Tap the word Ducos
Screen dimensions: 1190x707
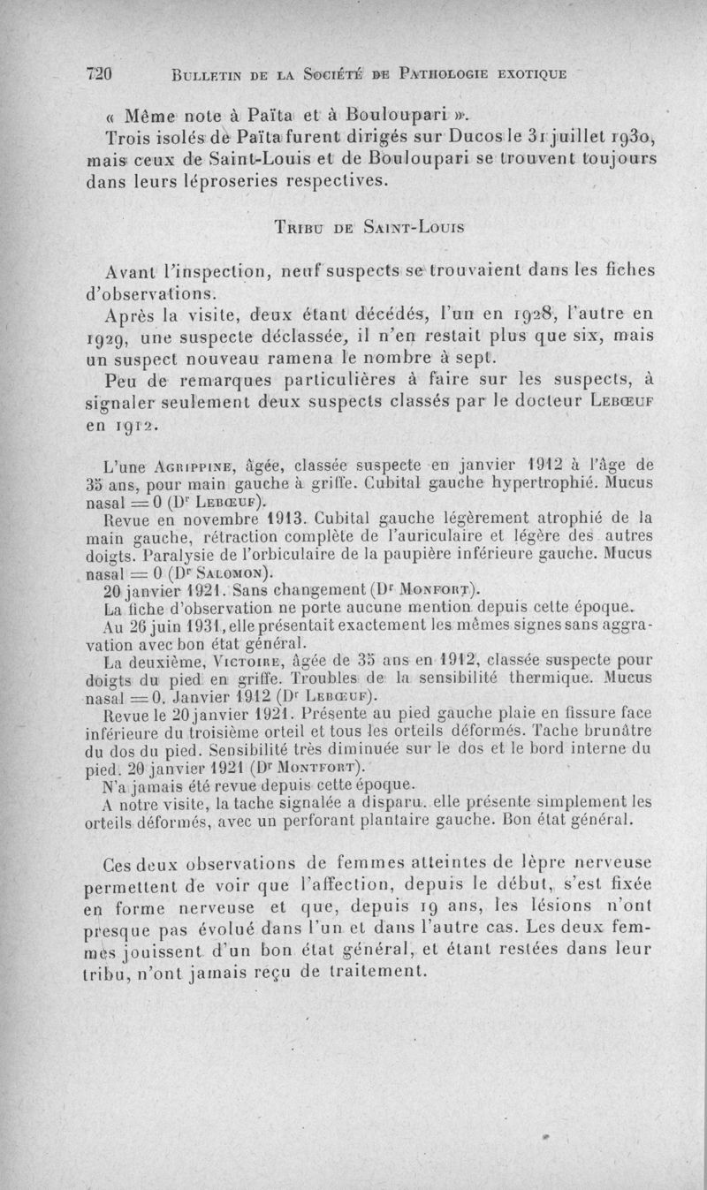pos(492,137)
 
